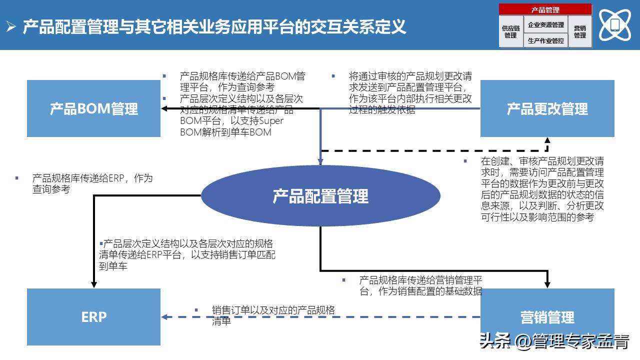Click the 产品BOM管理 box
click(93, 108)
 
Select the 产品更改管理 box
click(547, 108)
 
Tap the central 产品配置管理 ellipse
click(320, 196)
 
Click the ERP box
click(93, 316)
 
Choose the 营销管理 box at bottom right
click(547, 316)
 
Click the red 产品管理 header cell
click(545, 10)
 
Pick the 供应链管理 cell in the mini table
click(510, 31)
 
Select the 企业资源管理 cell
click(545, 24)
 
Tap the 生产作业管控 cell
click(545, 40)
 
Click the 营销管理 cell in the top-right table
click(580, 31)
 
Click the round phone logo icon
click(615, 24)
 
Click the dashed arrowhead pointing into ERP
click(164, 317)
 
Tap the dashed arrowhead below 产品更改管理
click(547, 141)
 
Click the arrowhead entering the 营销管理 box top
click(547, 284)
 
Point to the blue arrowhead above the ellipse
click(320, 161)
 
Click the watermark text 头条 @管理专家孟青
click(554, 341)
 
